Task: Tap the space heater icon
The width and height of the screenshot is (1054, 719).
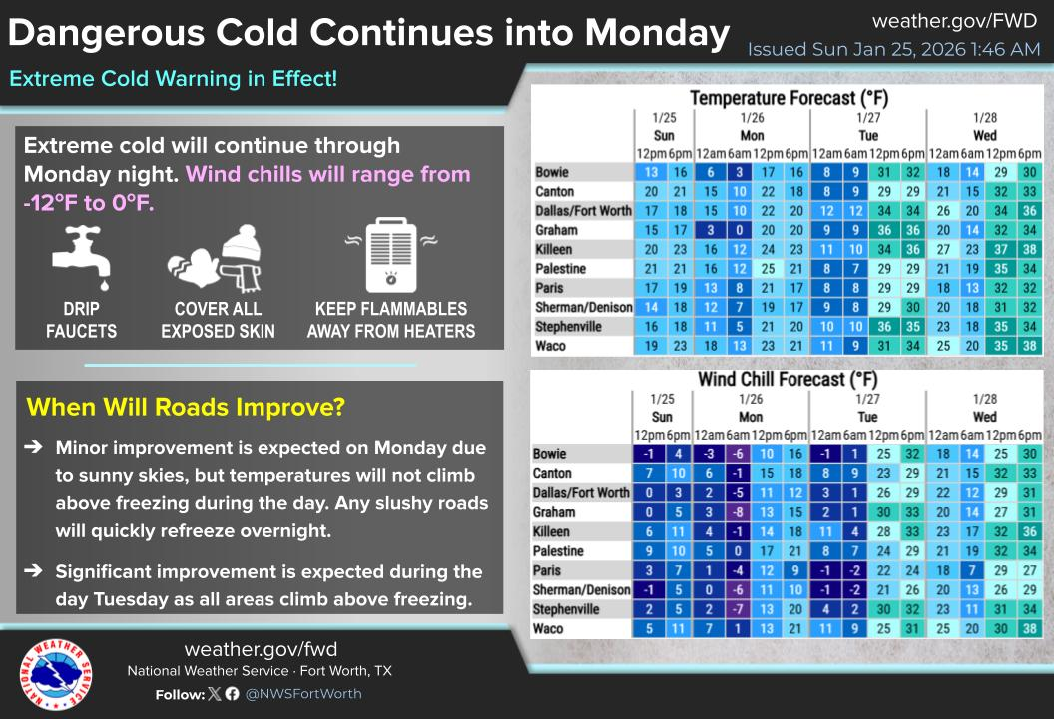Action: (390, 251)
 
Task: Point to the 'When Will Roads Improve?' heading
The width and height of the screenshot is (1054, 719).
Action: (186, 407)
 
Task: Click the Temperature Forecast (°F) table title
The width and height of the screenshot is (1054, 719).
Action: (789, 98)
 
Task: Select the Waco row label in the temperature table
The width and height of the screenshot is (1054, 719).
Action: (550, 346)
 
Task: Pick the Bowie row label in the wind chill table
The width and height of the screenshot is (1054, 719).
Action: (552, 454)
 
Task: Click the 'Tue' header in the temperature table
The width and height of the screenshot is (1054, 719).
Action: (867, 136)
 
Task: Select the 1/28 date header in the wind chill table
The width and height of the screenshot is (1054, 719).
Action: (984, 399)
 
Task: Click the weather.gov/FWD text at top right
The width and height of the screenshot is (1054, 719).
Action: (955, 21)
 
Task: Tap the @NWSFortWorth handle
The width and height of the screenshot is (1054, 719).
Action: (303, 693)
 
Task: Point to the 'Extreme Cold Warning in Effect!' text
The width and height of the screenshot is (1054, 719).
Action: (173, 78)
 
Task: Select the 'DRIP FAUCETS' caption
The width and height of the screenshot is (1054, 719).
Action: (81, 320)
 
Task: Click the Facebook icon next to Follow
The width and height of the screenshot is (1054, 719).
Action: (232, 693)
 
